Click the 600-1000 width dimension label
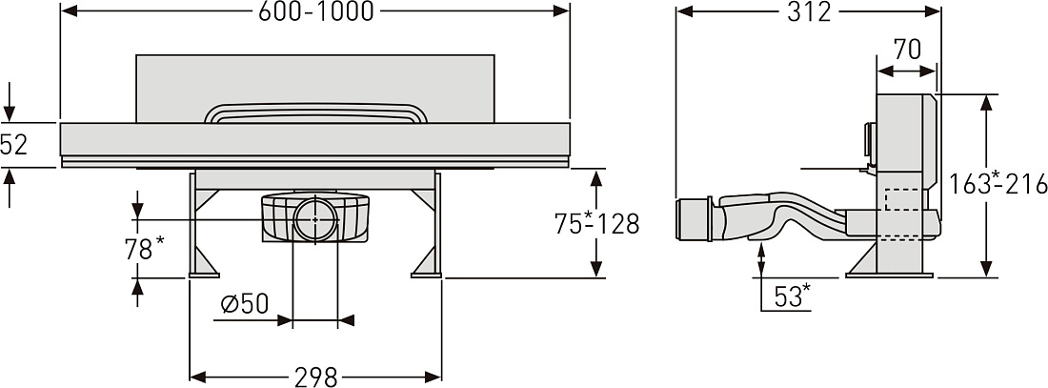(316, 10)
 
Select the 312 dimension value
(810, 10)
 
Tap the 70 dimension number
(906, 49)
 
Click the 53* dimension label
(793, 296)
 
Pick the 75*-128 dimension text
(596, 223)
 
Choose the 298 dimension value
(316, 378)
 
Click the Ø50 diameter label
(245, 304)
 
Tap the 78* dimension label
(145, 249)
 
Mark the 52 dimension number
(14, 145)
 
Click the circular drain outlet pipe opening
(315, 219)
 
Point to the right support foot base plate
(426, 274)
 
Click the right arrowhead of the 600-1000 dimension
(562, 10)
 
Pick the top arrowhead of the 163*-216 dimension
(986, 102)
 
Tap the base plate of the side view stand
(889, 275)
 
